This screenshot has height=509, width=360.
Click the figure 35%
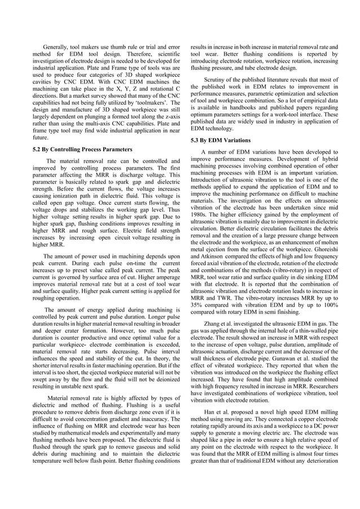click(197, 305)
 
